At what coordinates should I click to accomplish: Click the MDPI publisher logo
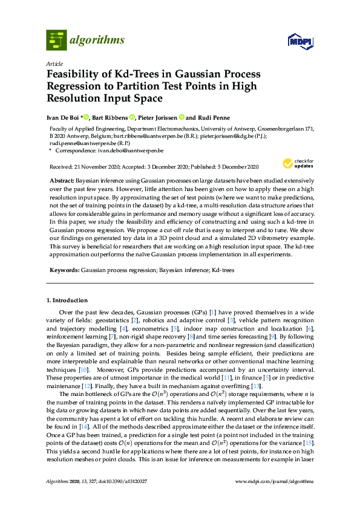click(299, 41)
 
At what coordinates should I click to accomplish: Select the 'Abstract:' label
click(61, 181)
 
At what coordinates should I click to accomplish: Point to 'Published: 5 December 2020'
click(225, 166)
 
